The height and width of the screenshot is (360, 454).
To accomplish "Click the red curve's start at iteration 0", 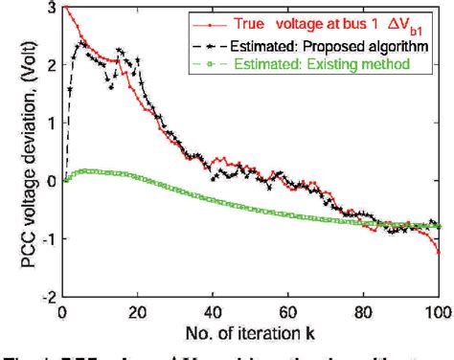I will [x=63, y=8].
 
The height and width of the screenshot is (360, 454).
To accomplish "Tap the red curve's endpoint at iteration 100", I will [x=440, y=252].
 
